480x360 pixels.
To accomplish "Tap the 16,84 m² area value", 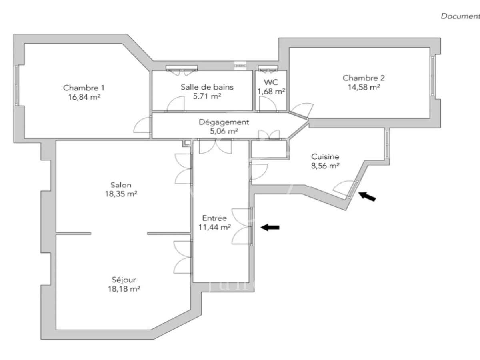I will pyautogui.click(x=84, y=96).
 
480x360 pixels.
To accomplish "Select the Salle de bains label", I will pyautogui.click(x=207, y=87).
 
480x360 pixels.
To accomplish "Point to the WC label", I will pyautogui.click(x=271, y=82).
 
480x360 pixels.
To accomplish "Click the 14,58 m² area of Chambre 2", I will pyautogui.click(x=361, y=87).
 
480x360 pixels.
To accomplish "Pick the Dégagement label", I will pyautogui.click(x=224, y=122).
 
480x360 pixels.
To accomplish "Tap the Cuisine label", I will pyautogui.click(x=325, y=157).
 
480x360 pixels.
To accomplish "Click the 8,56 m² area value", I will pyautogui.click(x=325, y=166).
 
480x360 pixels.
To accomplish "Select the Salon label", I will pyautogui.click(x=121, y=185).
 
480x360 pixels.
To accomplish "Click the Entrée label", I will pyautogui.click(x=214, y=218).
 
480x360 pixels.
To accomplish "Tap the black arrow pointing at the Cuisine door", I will pyautogui.click(x=367, y=196).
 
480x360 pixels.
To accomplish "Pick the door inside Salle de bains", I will pyautogui.click(x=175, y=105).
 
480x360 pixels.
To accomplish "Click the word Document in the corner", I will pyautogui.click(x=460, y=16).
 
